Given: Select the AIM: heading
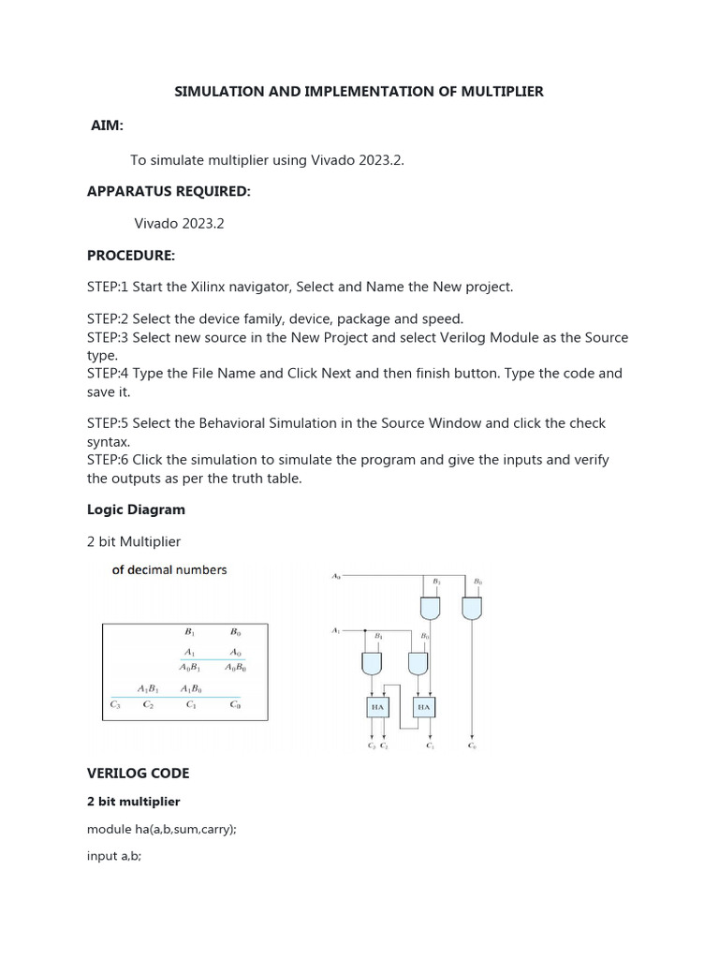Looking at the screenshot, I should pyautogui.click(x=107, y=125).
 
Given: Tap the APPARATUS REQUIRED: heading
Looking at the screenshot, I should pyautogui.click(x=169, y=191).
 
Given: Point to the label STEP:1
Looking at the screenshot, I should pyautogui.click(x=109, y=287).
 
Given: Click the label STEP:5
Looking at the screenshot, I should pyautogui.click(x=109, y=423).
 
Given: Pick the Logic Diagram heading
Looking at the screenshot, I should pyautogui.click(x=136, y=509).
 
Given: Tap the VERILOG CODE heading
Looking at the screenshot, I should pyautogui.click(x=138, y=774).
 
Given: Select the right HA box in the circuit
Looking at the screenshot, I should pyautogui.click(x=424, y=708).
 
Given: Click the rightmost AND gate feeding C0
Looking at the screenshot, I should pyautogui.click(x=476, y=609).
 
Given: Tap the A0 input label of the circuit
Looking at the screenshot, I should pyautogui.click(x=337, y=575).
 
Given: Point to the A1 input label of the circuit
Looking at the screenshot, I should pyautogui.click(x=337, y=630).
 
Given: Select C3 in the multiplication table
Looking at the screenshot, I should pyautogui.click(x=114, y=704).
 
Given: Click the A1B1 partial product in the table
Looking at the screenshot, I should pyautogui.click(x=148, y=687).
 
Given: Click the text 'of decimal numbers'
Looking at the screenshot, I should pyautogui.click(x=169, y=569).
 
